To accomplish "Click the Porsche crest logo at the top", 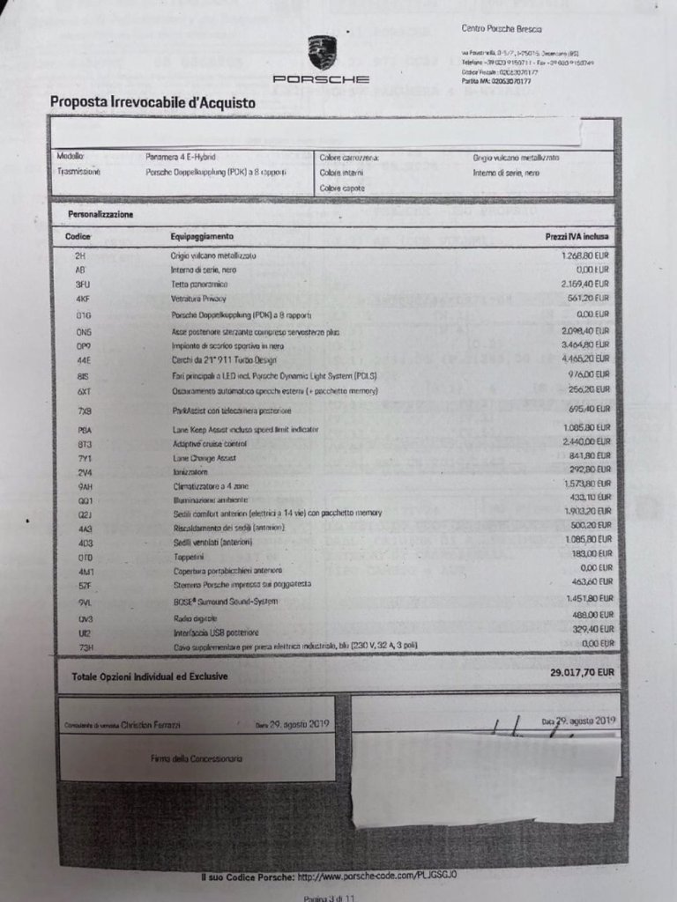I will click(322, 52).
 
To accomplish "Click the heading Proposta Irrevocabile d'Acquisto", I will click(153, 102).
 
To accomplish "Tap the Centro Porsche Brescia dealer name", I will click(502, 30).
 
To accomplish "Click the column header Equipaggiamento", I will click(202, 237).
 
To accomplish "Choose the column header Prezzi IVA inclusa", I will click(577, 237).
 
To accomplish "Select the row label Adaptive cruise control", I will click(210, 443).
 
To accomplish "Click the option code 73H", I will click(85, 648).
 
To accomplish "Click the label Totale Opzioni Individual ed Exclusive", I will click(144, 676).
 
